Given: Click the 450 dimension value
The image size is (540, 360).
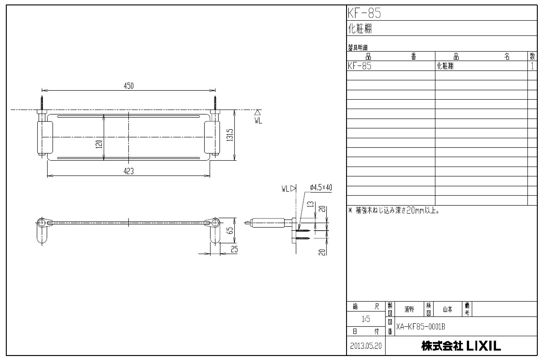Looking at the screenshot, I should [129, 86].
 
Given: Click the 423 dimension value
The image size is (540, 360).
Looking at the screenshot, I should [129, 171].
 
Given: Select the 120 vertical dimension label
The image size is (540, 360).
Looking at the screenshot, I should [99, 144].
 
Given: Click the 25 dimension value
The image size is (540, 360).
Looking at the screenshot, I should [234, 250].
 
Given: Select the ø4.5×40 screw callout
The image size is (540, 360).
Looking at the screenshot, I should [320, 188].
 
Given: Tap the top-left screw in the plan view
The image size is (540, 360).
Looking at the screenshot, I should [41, 102].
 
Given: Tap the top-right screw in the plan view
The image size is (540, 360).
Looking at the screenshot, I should [215, 102].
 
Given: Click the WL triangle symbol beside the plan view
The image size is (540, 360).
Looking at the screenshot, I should [258, 113].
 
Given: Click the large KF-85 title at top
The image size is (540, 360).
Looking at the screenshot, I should [364, 13].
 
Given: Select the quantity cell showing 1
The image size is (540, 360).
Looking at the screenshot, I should [532, 66].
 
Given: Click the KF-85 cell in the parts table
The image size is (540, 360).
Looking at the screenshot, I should [360, 66].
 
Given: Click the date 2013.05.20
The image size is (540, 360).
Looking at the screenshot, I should [365, 347].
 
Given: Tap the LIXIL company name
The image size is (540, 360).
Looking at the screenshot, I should [461, 346].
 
